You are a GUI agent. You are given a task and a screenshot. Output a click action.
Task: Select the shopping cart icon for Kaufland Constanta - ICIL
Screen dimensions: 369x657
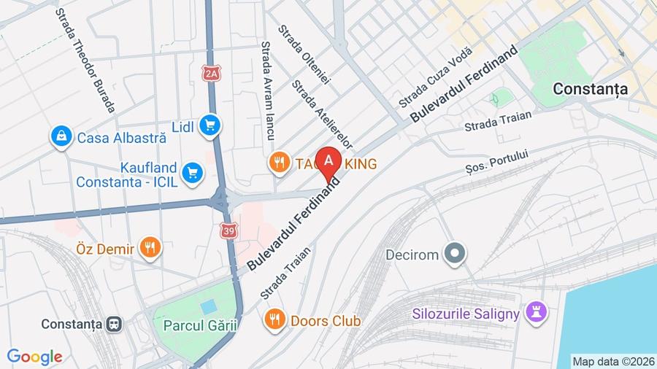pyautogui.click(x=193, y=172)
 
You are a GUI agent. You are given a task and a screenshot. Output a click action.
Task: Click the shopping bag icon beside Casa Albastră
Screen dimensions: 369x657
pyautogui.click(x=61, y=136)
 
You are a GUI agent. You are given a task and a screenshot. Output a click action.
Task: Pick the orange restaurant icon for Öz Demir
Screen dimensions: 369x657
pyautogui.click(x=150, y=248)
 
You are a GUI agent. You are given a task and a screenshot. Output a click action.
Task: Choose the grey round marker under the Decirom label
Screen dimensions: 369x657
pyautogui.click(x=456, y=254)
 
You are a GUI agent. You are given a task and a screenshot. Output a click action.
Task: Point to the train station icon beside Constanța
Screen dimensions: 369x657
pyautogui.click(x=113, y=324)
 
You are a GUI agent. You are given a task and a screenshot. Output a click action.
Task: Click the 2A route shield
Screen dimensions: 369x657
pyautogui.click(x=212, y=73)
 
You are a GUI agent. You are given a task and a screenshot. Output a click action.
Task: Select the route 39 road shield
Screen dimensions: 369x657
pyautogui.click(x=230, y=230)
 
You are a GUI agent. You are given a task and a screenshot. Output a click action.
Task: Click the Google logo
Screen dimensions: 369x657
pyautogui.click(x=34, y=357)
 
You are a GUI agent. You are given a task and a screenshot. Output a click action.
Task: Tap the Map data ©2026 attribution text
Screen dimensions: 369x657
pyautogui.click(x=612, y=361)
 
